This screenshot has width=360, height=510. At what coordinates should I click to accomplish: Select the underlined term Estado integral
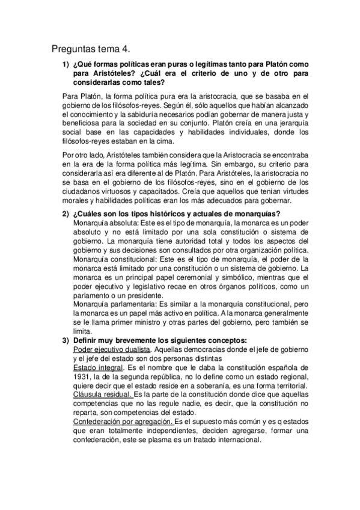click(96, 366)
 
